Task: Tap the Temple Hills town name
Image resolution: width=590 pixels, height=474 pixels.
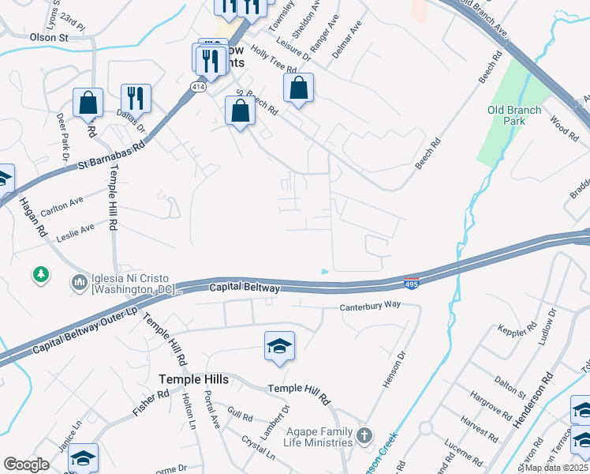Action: pyautogui.click(x=194, y=379)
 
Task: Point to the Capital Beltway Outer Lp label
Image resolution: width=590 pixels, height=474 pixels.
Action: pyautogui.click(x=86, y=335)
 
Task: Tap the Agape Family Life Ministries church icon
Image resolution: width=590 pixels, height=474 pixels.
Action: pyautogui.click(x=364, y=435)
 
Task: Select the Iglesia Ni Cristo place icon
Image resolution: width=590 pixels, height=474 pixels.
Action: pyautogui.click(x=79, y=282)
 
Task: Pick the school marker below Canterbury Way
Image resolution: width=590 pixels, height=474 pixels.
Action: pyautogui.click(x=278, y=346)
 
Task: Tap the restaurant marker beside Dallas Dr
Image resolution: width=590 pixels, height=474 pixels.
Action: pyautogui.click(x=136, y=97)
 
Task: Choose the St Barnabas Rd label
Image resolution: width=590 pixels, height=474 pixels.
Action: pyautogui.click(x=112, y=156)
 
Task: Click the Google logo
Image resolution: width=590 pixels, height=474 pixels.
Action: pyautogui.click(x=26, y=465)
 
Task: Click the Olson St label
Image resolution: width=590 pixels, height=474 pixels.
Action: pyautogui.click(x=49, y=37)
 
